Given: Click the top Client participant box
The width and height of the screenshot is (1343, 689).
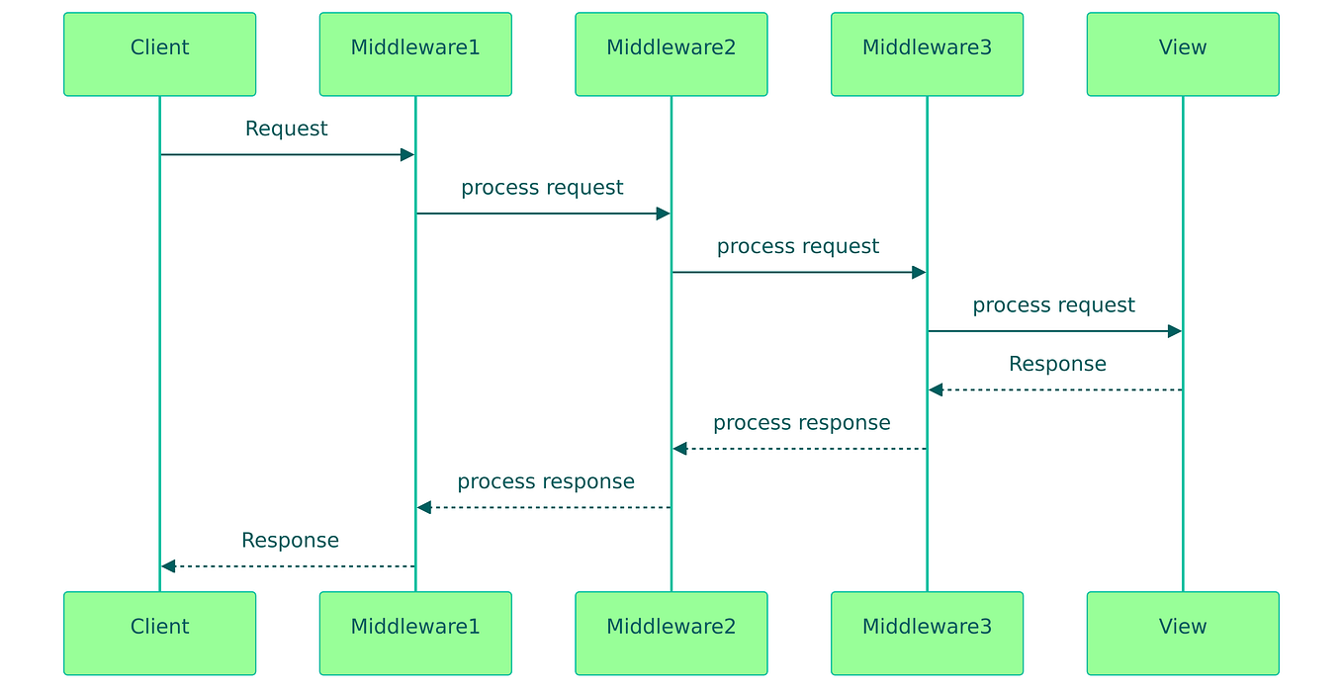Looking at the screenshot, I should (x=159, y=54).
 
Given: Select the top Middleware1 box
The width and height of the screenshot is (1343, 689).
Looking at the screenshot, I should (x=415, y=54).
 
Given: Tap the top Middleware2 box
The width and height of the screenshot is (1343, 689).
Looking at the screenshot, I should (x=671, y=54).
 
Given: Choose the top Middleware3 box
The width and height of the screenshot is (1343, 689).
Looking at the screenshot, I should (x=927, y=54).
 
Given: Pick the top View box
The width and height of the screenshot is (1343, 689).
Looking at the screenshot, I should (x=1183, y=54).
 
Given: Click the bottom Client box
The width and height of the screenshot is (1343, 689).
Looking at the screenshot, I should (x=159, y=633).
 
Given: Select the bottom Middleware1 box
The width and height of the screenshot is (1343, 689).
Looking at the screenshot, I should (x=415, y=633).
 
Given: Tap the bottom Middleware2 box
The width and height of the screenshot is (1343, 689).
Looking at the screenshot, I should (x=671, y=633).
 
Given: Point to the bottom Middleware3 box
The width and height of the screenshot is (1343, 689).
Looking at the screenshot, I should (x=927, y=633).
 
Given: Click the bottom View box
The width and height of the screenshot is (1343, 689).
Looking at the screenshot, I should (x=1183, y=633).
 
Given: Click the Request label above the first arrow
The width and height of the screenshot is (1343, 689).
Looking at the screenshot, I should (x=287, y=129).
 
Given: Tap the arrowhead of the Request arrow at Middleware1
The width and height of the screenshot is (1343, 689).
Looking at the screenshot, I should (x=406, y=154).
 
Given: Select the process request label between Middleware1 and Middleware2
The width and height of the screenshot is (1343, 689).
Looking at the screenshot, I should (x=542, y=188).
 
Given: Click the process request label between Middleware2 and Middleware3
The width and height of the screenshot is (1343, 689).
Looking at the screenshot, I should (x=798, y=247).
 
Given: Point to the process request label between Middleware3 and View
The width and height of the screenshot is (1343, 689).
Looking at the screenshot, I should (x=1053, y=305).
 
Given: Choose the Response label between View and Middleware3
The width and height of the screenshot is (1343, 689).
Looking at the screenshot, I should (x=1057, y=365).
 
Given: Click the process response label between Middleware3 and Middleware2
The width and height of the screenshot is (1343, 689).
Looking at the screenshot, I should (x=801, y=423).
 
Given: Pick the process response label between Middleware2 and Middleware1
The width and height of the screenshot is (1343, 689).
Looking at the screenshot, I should (x=546, y=482).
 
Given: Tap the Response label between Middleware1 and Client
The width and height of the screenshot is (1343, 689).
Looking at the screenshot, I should (x=290, y=541).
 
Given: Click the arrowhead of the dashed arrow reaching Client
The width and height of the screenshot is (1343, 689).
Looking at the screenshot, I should (x=168, y=566).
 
